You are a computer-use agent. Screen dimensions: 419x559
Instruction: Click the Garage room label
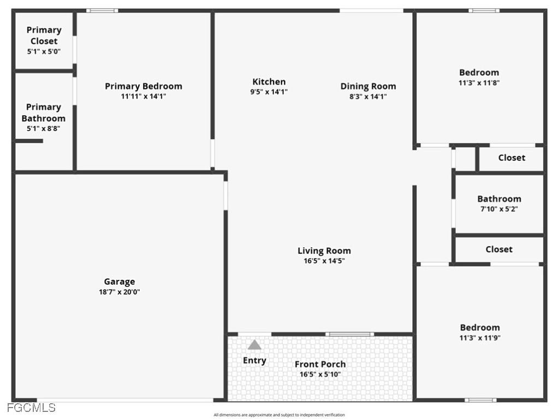point(119,282)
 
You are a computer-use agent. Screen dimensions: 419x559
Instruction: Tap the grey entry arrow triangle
point(254,345)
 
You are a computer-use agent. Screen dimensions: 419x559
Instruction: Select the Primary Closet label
point(44,35)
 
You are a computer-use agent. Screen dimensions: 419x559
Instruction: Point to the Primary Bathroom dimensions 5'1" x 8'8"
point(43,129)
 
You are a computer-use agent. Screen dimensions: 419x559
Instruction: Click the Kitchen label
point(269,82)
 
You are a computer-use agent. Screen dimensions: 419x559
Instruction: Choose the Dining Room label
point(368,86)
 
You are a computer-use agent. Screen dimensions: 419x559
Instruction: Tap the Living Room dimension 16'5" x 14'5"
point(324,261)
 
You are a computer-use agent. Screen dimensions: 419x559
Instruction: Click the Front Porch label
point(320,364)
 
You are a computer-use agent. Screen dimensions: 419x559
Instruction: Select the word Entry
point(254,360)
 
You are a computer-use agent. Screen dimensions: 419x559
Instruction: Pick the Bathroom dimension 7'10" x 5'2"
point(499,208)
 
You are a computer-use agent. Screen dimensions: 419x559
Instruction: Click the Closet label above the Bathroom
point(512,158)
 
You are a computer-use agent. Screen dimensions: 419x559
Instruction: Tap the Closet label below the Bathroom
point(499,249)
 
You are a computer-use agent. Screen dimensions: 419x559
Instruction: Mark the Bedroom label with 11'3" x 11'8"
point(479,73)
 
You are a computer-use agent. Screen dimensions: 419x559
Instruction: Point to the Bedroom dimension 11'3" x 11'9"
point(480,338)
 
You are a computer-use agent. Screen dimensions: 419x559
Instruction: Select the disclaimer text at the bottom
point(279,415)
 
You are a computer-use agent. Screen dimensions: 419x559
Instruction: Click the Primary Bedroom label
point(143,86)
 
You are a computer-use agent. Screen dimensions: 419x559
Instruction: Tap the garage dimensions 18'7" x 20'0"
point(119,292)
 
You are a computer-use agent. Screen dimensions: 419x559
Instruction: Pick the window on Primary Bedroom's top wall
point(102,10)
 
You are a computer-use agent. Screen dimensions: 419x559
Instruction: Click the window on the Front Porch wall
point(349,334)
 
